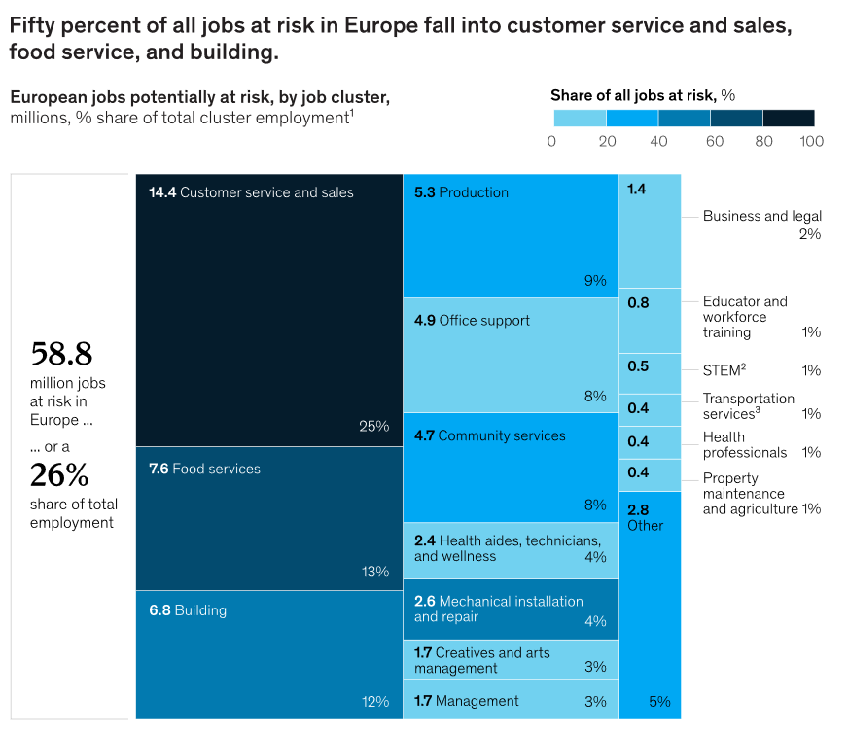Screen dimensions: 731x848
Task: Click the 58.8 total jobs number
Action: (61, 353)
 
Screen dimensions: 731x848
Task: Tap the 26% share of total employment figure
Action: (59, 475)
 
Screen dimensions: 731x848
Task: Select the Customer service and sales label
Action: (251, 192)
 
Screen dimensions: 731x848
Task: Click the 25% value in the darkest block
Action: (373, 426)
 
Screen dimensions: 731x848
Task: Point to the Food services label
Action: (204, 469)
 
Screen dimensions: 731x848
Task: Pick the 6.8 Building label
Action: (188, 610)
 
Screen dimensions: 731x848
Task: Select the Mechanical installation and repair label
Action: (498, 609)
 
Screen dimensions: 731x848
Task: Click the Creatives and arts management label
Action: (482, 660)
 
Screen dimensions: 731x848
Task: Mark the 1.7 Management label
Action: (467, 701)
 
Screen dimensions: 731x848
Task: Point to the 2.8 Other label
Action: (645, 517)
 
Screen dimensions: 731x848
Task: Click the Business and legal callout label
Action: (762, 216)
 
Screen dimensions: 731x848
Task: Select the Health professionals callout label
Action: (745, 445)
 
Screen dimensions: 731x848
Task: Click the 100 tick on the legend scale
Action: (811, 141)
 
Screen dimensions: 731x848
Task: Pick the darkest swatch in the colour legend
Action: (789, 119)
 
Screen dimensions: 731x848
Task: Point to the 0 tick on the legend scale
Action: (552, 141)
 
